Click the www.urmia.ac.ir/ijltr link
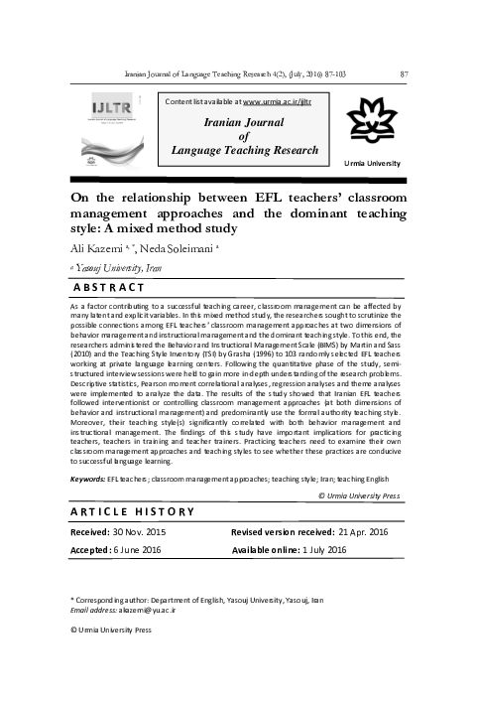click(x=271, y=102)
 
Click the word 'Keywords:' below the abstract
click(x=88, y=478)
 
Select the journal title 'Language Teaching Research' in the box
click(x=245, y=151)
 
